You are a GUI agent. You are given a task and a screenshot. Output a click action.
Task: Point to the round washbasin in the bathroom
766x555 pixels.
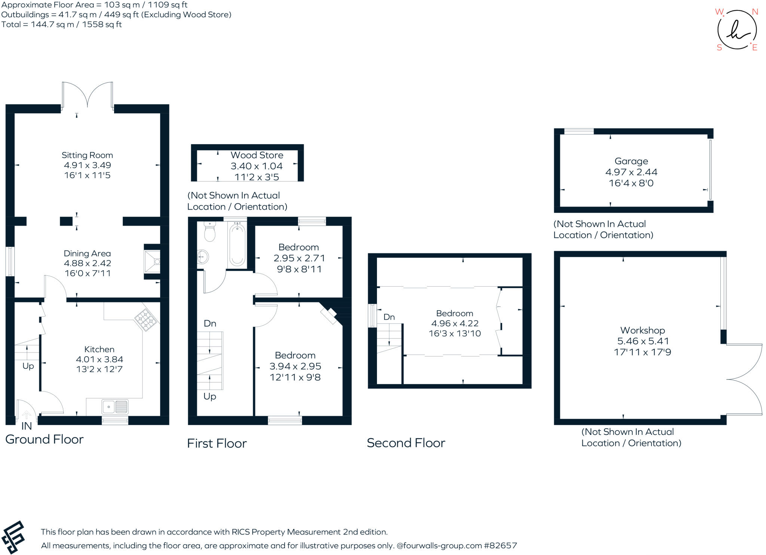tap(202, 257)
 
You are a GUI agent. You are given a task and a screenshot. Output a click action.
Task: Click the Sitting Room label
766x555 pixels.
tap(87, 155)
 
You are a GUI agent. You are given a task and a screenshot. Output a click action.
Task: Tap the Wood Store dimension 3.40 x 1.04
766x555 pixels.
tap(257, 166)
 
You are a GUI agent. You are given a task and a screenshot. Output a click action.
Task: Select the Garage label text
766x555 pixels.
tap(631, 161)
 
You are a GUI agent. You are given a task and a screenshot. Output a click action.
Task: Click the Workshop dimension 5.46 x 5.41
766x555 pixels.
tap(643, 341)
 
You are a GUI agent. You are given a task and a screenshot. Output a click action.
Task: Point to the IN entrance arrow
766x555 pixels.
tap(27, 415)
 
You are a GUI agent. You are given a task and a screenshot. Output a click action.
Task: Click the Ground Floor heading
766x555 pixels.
tap(45, 439)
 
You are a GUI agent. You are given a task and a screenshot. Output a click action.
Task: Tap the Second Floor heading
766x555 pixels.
tap(406, 443)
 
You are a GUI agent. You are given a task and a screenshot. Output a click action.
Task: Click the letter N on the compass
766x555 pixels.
tap(755, 12)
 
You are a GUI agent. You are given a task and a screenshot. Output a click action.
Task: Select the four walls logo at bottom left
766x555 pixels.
tap(13, 537)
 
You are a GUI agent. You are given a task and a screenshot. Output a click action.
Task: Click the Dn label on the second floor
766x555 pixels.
tap(389, 317)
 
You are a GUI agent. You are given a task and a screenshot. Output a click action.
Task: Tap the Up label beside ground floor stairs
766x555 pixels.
tap(28, 366)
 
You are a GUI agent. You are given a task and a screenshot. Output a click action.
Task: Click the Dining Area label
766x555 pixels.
tap(87, 254)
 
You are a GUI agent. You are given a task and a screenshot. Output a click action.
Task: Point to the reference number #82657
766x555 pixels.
tap(500, 546)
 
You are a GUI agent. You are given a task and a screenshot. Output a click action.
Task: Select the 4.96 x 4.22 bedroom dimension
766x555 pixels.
tap(455, 323)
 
